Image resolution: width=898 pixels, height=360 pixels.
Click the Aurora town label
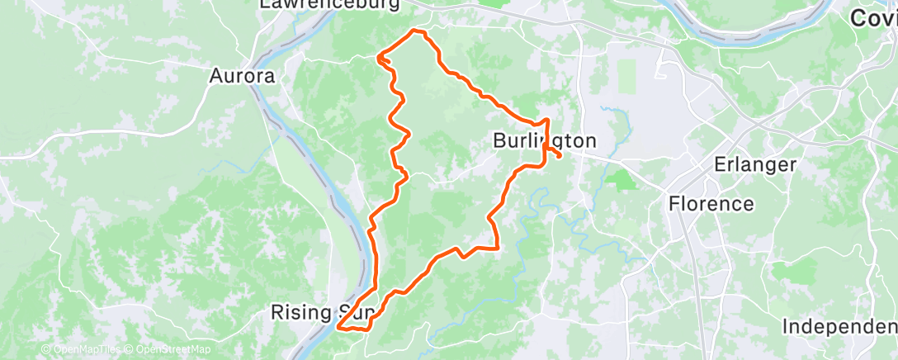pyautogui.click(x=241, y=76)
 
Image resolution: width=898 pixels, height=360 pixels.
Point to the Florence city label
pyautogui.click(x=711, y=203)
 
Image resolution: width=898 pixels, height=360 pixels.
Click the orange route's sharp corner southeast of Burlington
pyautogui.click(x=498, y=247)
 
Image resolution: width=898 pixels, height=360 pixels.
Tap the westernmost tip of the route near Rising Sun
pyautogui.click(x=339, y=327)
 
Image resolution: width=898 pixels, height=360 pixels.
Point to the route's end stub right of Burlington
pyautogui.click(x=560, y=154)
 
